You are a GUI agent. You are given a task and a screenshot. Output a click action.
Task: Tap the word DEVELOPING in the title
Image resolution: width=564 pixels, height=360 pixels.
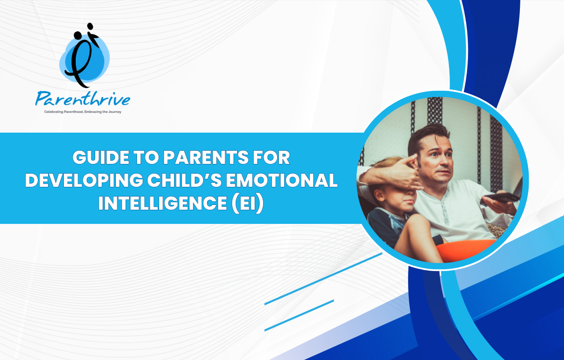(x=84, y=180)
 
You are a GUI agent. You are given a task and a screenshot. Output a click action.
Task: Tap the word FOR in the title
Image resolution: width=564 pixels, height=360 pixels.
(x=271, y=157)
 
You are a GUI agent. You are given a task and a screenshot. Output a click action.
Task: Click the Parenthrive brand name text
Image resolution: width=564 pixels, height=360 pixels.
(x=82, y=99)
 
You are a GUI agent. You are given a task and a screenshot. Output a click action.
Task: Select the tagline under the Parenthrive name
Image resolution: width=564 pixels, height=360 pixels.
(x=82, y=112)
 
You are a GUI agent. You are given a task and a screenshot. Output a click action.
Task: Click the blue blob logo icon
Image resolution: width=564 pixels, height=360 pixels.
(x=84, y=56)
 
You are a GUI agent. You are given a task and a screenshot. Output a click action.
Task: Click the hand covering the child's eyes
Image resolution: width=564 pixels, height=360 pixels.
(x=401, y=174)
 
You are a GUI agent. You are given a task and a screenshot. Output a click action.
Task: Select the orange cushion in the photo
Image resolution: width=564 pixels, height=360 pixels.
(x=466, y=249)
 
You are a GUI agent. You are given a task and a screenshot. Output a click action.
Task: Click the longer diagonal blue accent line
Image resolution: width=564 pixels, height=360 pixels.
(x=323, y=279)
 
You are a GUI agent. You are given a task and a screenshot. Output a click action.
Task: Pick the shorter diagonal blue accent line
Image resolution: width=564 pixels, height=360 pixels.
(x=299, y=315)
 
